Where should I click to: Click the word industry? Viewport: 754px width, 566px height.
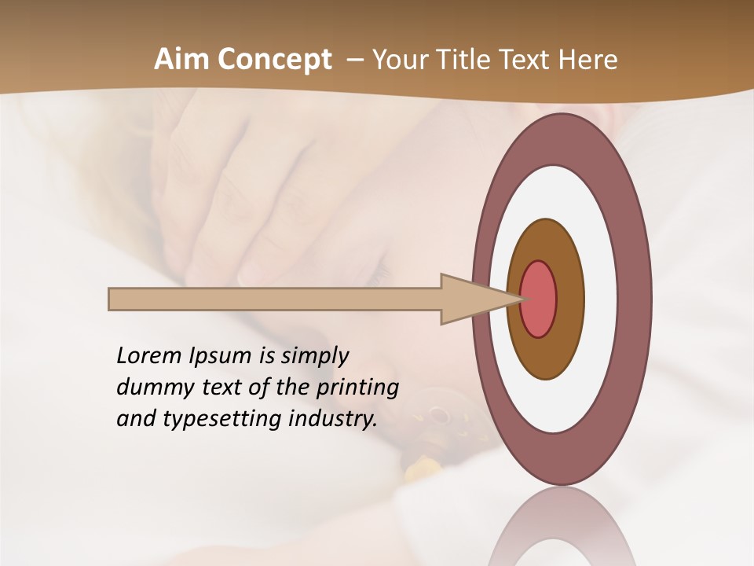coord(333,419)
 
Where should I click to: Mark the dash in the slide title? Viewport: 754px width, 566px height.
coord(354,60)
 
